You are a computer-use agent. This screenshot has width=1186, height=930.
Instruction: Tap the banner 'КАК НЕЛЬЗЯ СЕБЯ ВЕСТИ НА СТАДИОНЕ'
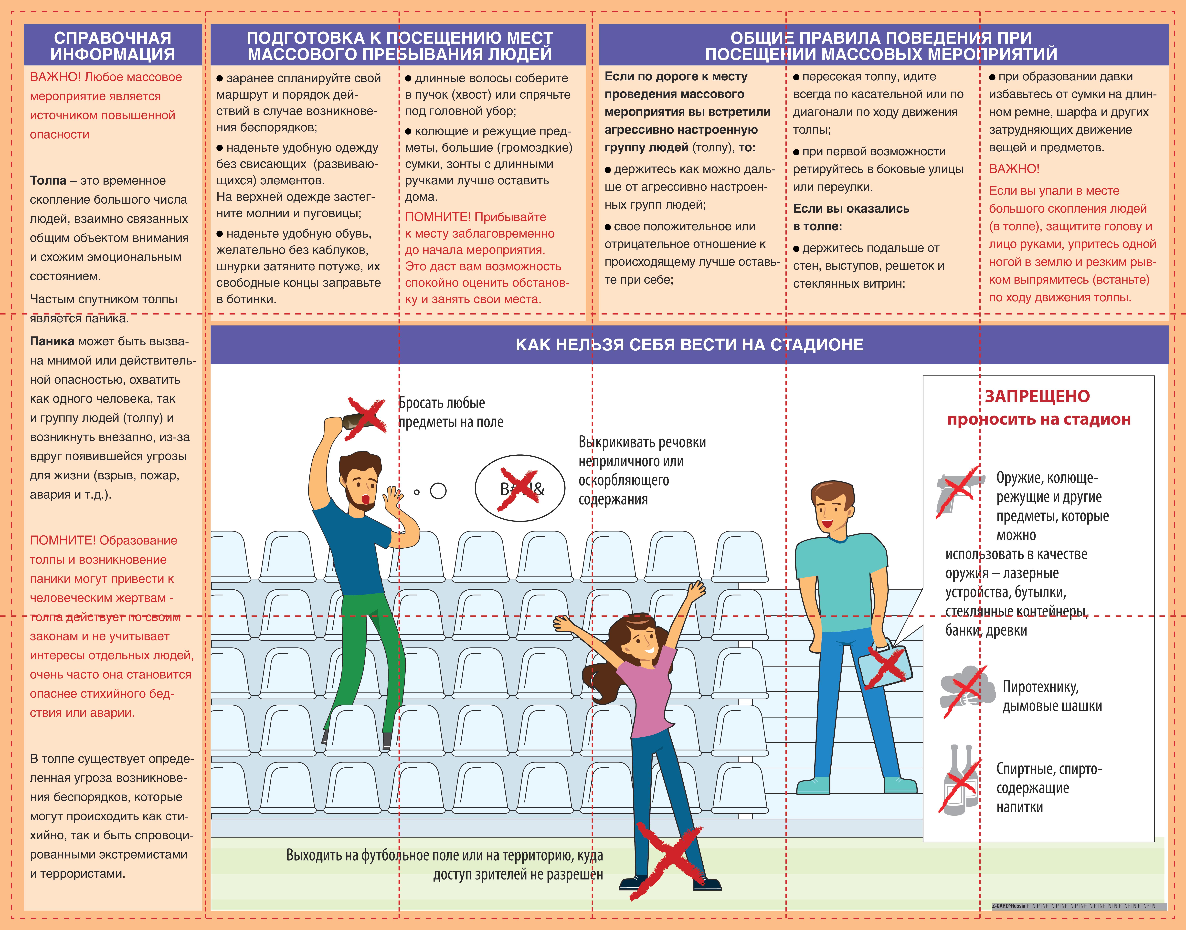[x=689, y=345]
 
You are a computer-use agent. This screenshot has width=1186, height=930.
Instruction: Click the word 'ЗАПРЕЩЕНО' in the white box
[x=1037, y=396]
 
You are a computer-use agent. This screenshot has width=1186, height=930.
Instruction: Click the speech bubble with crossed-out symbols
[x=520, y=488]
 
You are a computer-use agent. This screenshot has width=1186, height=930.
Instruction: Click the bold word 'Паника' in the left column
[x=52, y=341]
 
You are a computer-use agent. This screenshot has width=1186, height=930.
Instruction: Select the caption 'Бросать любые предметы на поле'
[x=451, y=412]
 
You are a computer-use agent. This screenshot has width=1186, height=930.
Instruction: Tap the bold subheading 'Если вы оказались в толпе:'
[x=851, y=217]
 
